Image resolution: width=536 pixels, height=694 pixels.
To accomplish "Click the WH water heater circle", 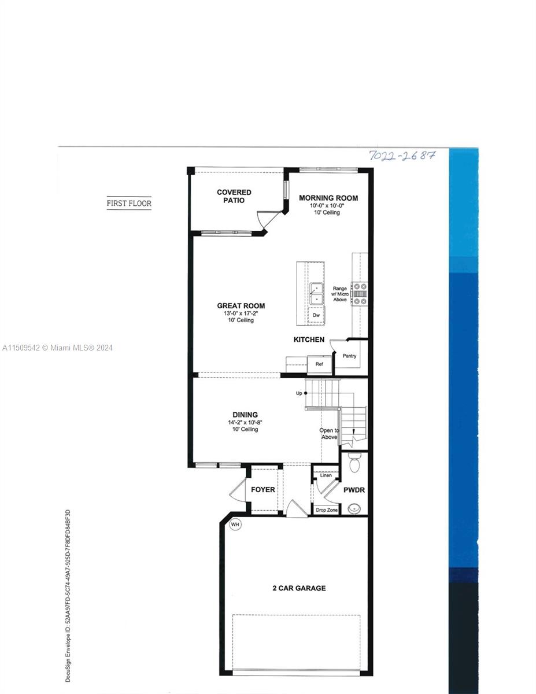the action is point(235,525).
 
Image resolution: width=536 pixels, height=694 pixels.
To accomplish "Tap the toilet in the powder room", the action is point(354,463).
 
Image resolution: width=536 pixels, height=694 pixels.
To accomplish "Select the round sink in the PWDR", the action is point(354,508).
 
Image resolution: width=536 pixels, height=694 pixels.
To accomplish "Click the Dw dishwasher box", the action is point(316,315).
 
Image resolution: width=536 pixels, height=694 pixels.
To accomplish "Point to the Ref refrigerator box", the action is point(319,364).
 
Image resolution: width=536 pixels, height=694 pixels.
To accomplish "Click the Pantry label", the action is point(349,356).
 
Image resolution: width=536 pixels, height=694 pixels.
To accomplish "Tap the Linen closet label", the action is point(326,475).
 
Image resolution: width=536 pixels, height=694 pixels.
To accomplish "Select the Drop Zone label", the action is point(327,510).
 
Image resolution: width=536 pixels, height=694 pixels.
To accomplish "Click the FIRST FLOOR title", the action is point(129,203).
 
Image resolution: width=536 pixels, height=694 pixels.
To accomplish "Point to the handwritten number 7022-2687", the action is point(402,156).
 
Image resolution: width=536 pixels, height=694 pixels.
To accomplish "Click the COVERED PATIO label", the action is point(234,196).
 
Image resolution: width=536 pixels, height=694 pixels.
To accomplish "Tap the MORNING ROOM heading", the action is point(328,198).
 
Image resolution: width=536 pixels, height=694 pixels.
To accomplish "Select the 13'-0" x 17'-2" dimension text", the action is point(241,313).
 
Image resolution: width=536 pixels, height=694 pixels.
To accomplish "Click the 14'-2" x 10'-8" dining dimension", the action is point(245,422).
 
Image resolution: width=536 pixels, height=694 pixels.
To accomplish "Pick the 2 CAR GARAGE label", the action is point(299,588).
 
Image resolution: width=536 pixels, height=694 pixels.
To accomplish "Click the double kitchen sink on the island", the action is point(316,294).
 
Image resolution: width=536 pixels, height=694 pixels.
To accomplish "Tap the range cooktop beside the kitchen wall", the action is point(360,294).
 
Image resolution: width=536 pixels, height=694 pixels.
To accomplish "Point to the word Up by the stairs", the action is point(299,393).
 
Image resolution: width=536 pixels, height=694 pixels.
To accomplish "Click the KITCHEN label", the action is point(309,339).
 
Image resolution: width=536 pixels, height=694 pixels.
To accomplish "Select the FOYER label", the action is point(263,490).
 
